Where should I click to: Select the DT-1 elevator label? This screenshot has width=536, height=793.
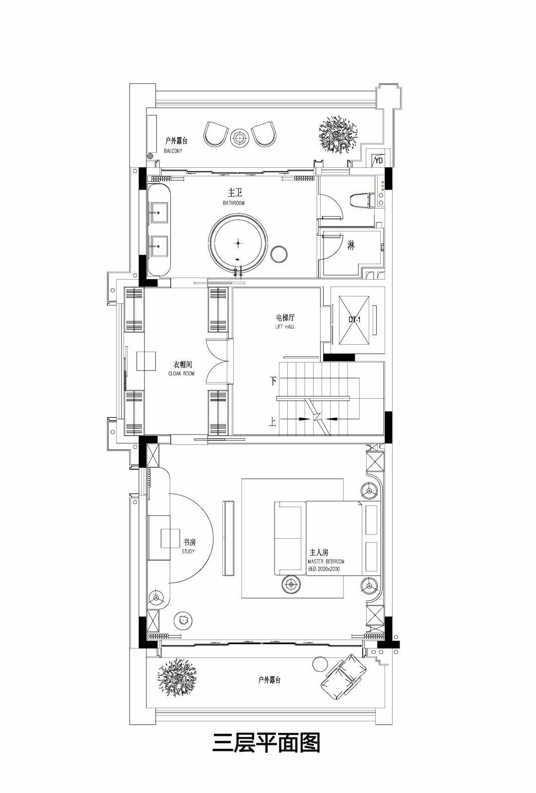point(354,320)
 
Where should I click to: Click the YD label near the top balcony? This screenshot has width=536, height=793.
point(379,160)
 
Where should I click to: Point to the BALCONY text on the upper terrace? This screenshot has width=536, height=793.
point(173,151)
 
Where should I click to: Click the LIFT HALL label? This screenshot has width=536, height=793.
point(285,327)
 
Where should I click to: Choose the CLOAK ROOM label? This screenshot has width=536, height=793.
point(182,373)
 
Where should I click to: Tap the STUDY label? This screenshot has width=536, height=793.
point(188,552)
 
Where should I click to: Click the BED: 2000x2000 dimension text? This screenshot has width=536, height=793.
point(324,569)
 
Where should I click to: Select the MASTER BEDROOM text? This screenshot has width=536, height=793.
point(326,562)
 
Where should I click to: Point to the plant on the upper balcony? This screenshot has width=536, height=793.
point(338,134)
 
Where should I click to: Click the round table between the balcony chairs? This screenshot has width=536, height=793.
point(240,138)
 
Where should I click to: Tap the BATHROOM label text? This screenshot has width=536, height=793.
point(233,203)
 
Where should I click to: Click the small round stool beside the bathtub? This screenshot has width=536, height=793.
point(279,254)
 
